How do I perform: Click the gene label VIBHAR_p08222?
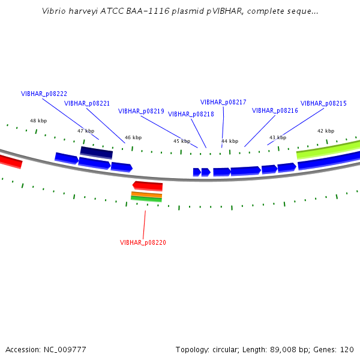(44, 94)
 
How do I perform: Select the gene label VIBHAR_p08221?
(87, 104)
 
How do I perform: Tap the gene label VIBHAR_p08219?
(141, 112)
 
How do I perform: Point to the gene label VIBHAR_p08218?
(191, 115)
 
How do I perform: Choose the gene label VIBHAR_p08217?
(223, 102)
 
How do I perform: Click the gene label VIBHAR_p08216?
(275, 110)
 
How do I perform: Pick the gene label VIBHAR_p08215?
(323, 104)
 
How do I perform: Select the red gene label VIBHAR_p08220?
(143, 242)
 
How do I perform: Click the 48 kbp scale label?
(38, 121)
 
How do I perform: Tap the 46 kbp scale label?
(133, 137)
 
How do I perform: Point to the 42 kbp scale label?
(326, 131)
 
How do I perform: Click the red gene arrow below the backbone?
(148, 186)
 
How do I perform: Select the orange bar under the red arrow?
(146, 194)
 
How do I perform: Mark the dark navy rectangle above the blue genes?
(97, 152)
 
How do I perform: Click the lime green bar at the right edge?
(328, 149)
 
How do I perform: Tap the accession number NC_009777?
(65, 350)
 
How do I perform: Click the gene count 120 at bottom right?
(347, 350)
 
